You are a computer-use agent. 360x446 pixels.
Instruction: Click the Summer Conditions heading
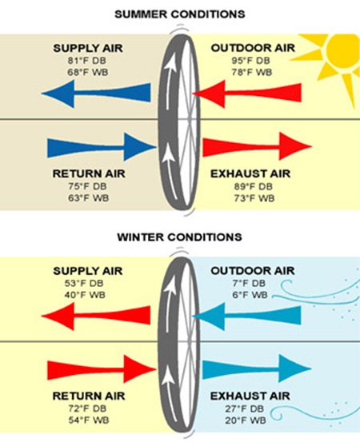coord(179,14)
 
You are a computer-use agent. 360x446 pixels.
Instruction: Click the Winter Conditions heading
coord(179,237)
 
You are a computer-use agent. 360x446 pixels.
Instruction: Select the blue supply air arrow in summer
coord(96,94)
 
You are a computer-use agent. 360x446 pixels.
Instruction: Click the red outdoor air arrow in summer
coord(247,94)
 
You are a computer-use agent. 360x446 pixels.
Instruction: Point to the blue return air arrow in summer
coord(102,147)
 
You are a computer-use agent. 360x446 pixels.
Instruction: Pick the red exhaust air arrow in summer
coord(258,146)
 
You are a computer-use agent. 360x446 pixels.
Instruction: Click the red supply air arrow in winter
coord(96,316)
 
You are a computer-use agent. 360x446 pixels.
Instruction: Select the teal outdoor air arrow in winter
coord(246,316)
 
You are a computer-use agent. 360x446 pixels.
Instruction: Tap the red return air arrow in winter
coord(102,369)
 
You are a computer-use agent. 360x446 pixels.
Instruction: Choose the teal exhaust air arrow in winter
coord(258,368)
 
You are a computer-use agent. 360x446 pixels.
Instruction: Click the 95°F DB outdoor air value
coord(250,61)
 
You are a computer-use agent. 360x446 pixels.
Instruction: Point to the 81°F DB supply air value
coord(86,61)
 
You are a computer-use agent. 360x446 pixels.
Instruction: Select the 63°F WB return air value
coord(89,198)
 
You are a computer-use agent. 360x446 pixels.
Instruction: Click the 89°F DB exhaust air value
coord(254,186)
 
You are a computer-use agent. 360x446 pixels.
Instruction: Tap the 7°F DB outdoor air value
coord(249,283)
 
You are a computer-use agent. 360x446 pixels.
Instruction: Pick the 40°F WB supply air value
coord(85,295)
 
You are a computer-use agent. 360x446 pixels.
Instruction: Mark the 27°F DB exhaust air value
coord(245,408)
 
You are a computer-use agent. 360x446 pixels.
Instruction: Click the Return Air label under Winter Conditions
coord(89,396)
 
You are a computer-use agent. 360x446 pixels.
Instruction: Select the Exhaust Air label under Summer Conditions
coord(250,173)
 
